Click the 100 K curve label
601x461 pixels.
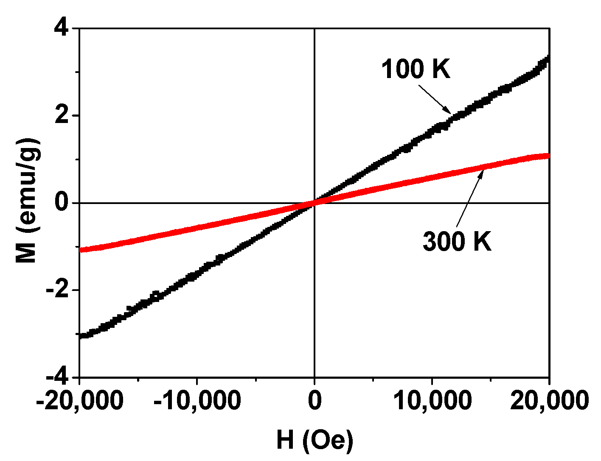coord(416,69)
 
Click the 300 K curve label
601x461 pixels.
coord(457,242)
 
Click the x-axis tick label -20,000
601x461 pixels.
coord(80,400)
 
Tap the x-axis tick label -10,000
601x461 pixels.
coord(197,400)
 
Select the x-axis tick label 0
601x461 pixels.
coord(315,400)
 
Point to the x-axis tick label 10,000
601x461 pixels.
coord(432,400)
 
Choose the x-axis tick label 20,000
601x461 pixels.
coord(549,400)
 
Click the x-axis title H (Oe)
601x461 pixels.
coord(315,440)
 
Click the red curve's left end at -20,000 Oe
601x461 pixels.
coord(81,249)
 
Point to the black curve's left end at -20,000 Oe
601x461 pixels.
coord(81,336)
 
